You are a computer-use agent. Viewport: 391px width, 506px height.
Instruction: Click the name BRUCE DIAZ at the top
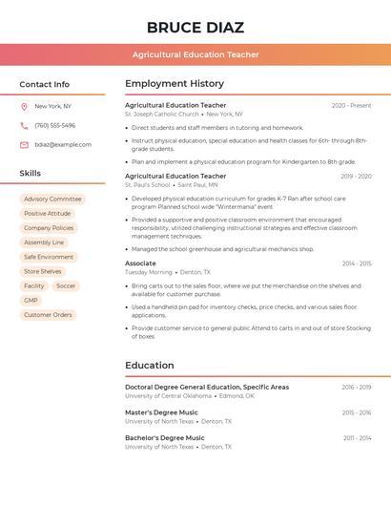(195, 28)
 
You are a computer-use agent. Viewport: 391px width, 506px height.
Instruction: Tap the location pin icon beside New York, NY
(24, 106)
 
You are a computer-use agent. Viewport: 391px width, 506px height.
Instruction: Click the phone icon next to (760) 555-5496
(24, 125)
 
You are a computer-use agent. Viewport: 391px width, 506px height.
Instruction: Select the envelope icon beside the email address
(24, 145)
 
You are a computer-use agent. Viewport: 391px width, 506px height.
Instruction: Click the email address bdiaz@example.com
(63, 145)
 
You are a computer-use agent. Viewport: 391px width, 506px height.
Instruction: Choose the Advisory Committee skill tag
(53, 200)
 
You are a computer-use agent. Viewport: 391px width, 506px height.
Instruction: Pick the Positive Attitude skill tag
(48, 214)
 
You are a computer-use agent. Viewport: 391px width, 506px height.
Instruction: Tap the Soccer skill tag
(66, 286)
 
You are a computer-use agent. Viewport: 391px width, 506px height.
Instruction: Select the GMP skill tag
(31, 301)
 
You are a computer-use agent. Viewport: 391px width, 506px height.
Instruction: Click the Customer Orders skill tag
(48, 315)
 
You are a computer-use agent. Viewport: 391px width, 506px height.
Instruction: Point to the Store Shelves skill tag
(43, 272)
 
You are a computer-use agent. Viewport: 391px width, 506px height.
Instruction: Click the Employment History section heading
(175, 84)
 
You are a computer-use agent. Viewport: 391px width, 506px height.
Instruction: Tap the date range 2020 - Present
(351, 106)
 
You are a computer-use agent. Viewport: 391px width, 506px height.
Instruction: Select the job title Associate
(140, 264)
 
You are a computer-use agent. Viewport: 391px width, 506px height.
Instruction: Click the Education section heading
(150, 366)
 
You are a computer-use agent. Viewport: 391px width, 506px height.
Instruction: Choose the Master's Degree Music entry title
(161, 412)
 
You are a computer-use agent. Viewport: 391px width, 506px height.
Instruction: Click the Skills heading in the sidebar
(31, 174)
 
